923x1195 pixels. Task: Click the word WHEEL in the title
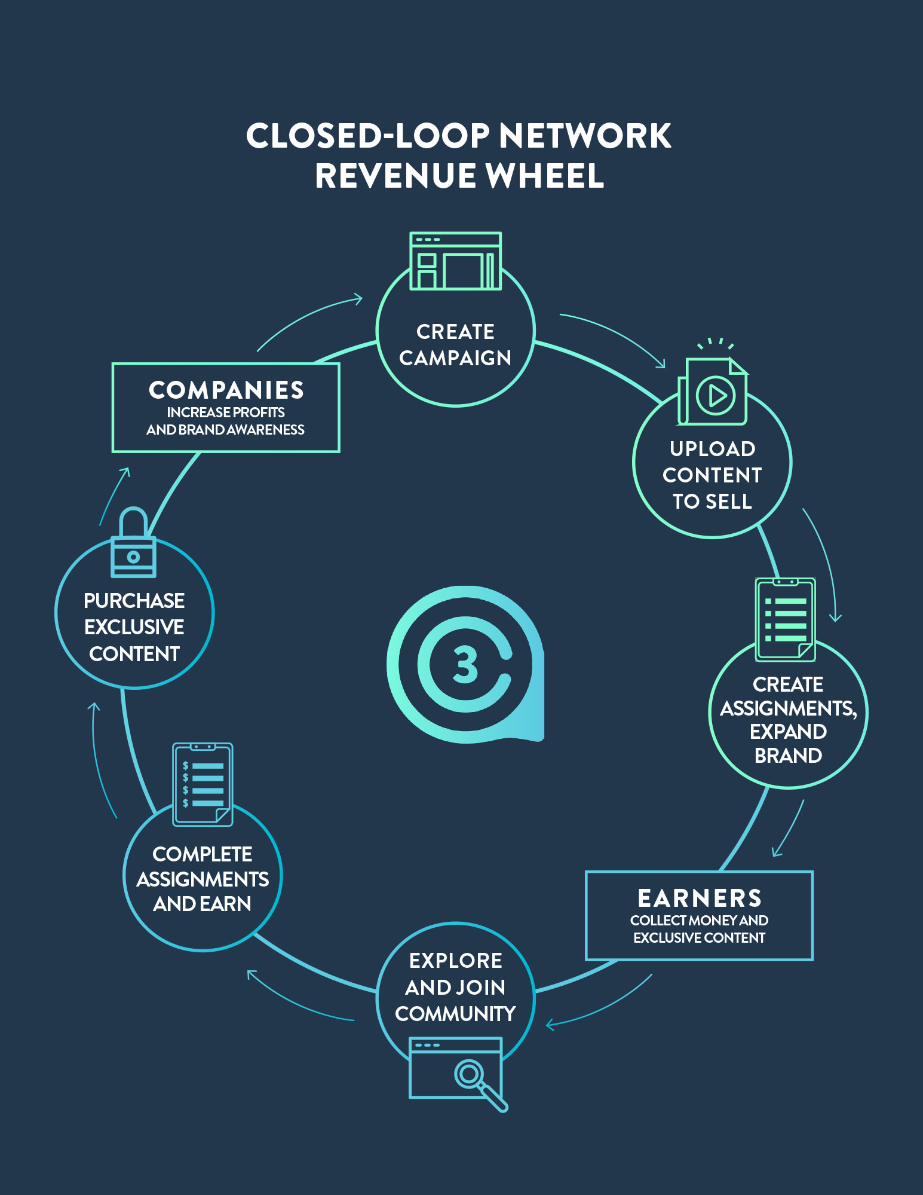pos(544,176)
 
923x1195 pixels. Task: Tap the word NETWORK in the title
pos(585,136)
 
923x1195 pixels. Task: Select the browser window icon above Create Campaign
pos(455,261)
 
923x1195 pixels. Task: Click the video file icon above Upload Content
pos(713,392)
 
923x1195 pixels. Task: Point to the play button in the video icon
pos(716,395)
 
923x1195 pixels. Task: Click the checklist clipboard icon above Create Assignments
pos(785,619)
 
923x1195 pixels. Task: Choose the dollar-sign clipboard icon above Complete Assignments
pos(203,784)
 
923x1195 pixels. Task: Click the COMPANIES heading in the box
pos(226,390)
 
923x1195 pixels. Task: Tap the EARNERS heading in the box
pos(700,898)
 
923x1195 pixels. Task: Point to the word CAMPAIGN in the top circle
pos(455,358)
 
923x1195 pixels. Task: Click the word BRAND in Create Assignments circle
pos(788,756)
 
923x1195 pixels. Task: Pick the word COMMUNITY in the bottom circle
pos(455,1014)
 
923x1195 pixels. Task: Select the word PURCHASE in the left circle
pos(134,601)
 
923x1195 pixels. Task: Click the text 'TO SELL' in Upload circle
pos(712,502)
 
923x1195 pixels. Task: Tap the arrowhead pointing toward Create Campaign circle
pos(358,298)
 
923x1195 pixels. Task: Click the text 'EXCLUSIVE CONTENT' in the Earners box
pos(699,938)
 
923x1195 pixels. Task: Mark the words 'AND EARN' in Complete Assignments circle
pos(202,904)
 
